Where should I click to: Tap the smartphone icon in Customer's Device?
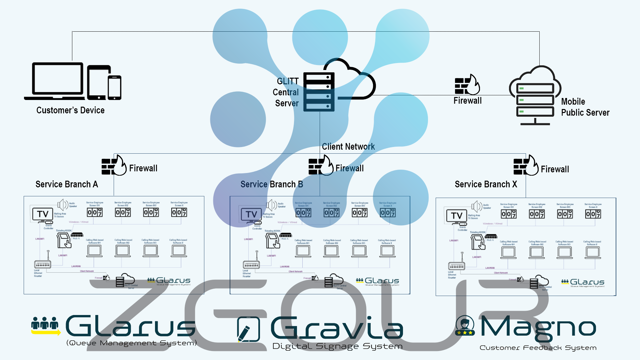tap(115, 87)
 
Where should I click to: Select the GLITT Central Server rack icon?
tap(319, 92)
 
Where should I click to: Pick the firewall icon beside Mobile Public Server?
tap(467, 85)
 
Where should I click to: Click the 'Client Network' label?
tap(348, 147)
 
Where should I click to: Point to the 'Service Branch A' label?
tap(67, 184)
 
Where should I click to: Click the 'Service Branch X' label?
tap(486, 184)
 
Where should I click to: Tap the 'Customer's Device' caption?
tap(70, 110)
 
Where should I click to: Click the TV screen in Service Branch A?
tap(43, 214)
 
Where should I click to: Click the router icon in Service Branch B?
tap(251, 265)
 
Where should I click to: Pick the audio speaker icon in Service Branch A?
tap(63, 205)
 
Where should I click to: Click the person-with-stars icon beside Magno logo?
tap(465, 325)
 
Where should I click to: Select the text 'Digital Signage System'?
tap(337, 346)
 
